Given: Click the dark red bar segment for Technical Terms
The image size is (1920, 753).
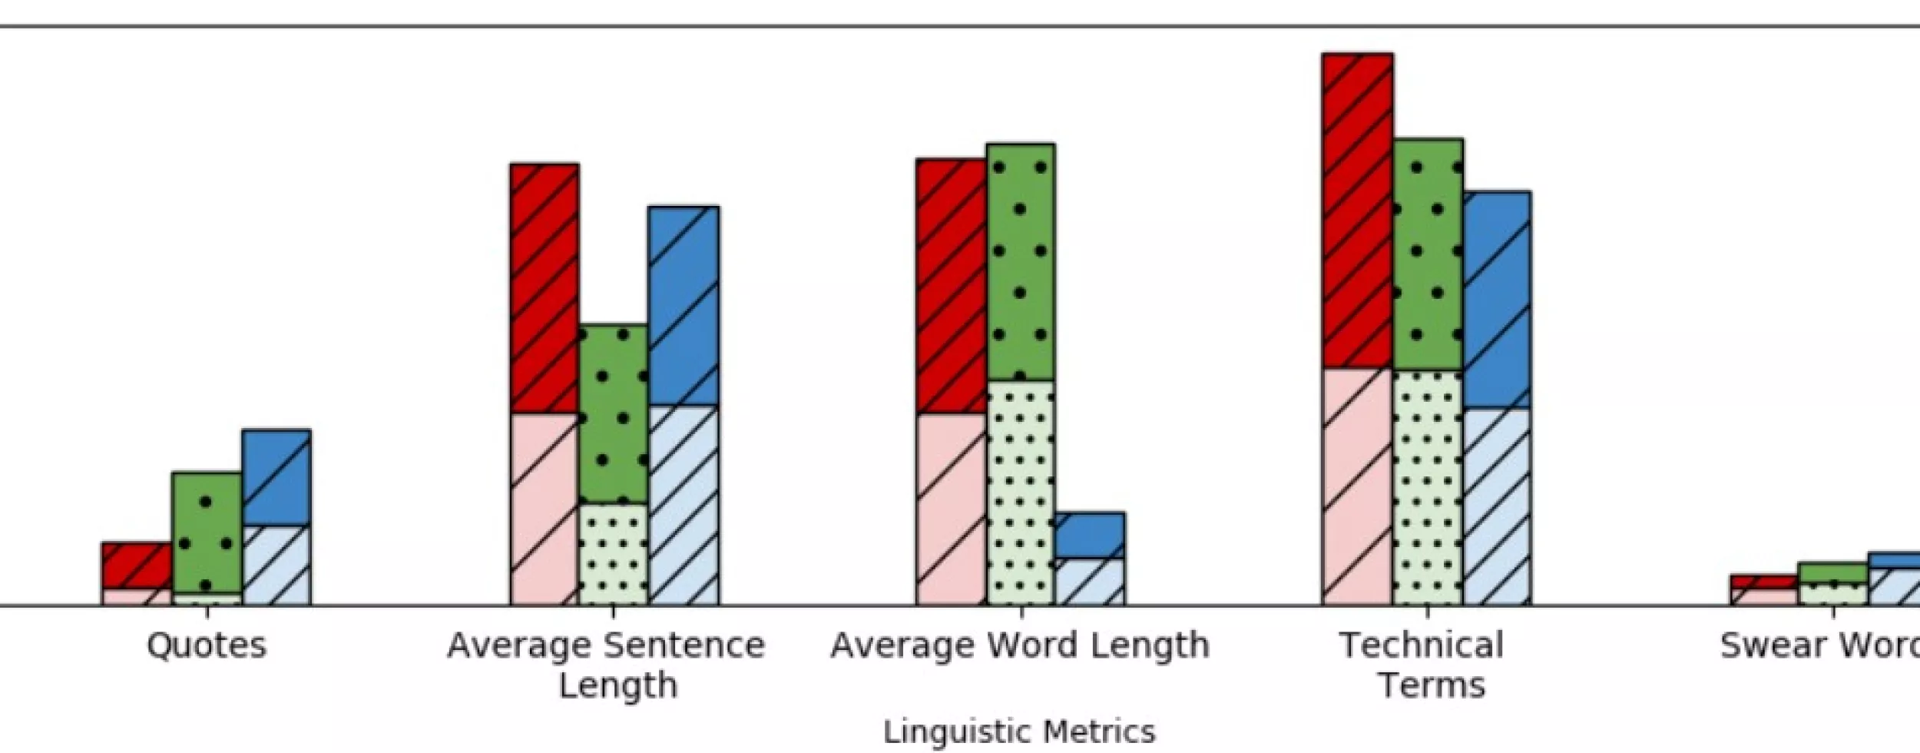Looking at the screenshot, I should click(1357, 211).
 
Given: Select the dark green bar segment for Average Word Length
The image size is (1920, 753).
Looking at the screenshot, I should click(1021, 262).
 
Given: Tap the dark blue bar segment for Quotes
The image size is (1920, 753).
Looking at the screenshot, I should click(276, 478).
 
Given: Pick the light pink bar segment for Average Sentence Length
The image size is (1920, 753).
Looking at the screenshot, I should click(545, 509).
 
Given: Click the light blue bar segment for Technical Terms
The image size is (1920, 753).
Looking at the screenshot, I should click(1497, 507).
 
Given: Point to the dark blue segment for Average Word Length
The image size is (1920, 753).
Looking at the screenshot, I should click(1090, 535).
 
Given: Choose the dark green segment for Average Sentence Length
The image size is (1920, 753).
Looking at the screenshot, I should click(613, 415).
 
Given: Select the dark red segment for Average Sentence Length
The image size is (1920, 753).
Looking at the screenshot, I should click(545, 289).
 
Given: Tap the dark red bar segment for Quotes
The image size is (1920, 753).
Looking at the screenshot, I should click(137, 566).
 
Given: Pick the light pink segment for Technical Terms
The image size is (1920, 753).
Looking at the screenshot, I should click(1357, 487).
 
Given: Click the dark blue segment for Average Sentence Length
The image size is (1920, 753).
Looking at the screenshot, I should click(684, 306).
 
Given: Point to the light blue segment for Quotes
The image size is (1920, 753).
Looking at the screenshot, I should click(276, 566).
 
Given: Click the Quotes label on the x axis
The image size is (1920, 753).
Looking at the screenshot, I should click(207, 645).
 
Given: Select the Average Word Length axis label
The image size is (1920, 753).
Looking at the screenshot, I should click(1020, 645).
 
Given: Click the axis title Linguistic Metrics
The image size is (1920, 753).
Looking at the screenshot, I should click(1019, 731).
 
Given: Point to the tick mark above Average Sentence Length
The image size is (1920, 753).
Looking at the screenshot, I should click(613, 612).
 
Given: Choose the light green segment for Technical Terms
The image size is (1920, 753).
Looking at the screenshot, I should click(1427, 488).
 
